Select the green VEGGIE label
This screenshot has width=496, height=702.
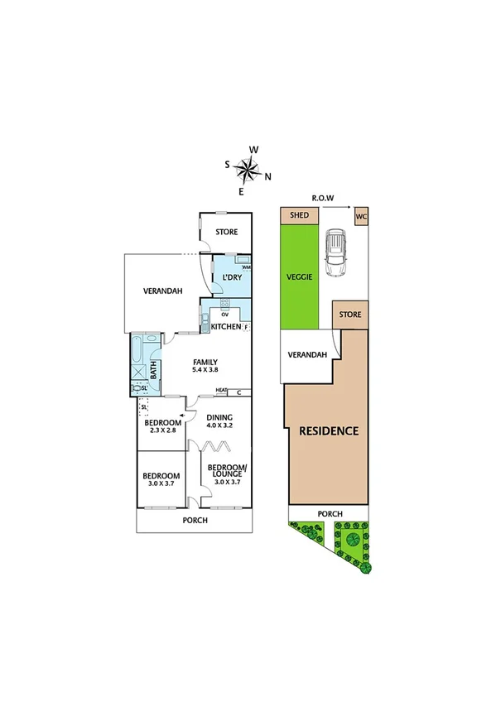coord(299,276)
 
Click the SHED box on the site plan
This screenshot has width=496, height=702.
coord(299,215)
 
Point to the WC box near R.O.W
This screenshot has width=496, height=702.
coord(360,216)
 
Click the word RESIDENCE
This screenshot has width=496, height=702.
coord(329,430)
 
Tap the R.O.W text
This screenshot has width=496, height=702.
coord(323,199)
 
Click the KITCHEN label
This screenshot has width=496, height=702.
coord(226,327)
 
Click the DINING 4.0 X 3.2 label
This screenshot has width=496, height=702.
coord(219,422)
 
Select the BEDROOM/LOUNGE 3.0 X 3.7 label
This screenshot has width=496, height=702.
coord(226,477)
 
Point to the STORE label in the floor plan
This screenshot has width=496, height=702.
coord(226,232)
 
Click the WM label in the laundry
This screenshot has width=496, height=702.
coord(246,267)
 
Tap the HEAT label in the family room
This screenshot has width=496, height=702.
coord(221,392)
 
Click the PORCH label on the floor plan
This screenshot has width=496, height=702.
coord(195,521)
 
